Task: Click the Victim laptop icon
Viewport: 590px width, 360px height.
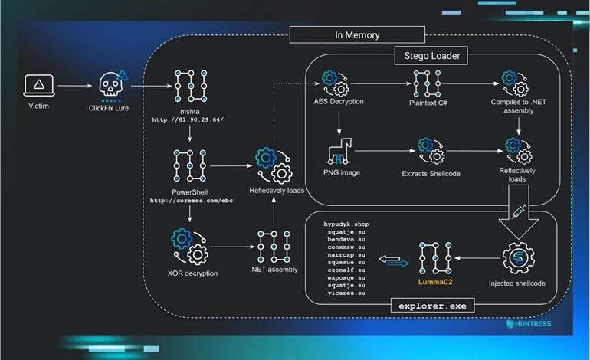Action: coord(38,85)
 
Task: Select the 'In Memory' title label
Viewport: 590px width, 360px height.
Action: coord(357,35)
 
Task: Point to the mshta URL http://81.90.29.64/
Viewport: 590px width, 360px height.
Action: coord(188,119)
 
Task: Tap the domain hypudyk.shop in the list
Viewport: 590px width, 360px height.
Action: coord(346,224)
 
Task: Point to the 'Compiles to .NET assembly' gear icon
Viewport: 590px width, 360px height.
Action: coord(513,80)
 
